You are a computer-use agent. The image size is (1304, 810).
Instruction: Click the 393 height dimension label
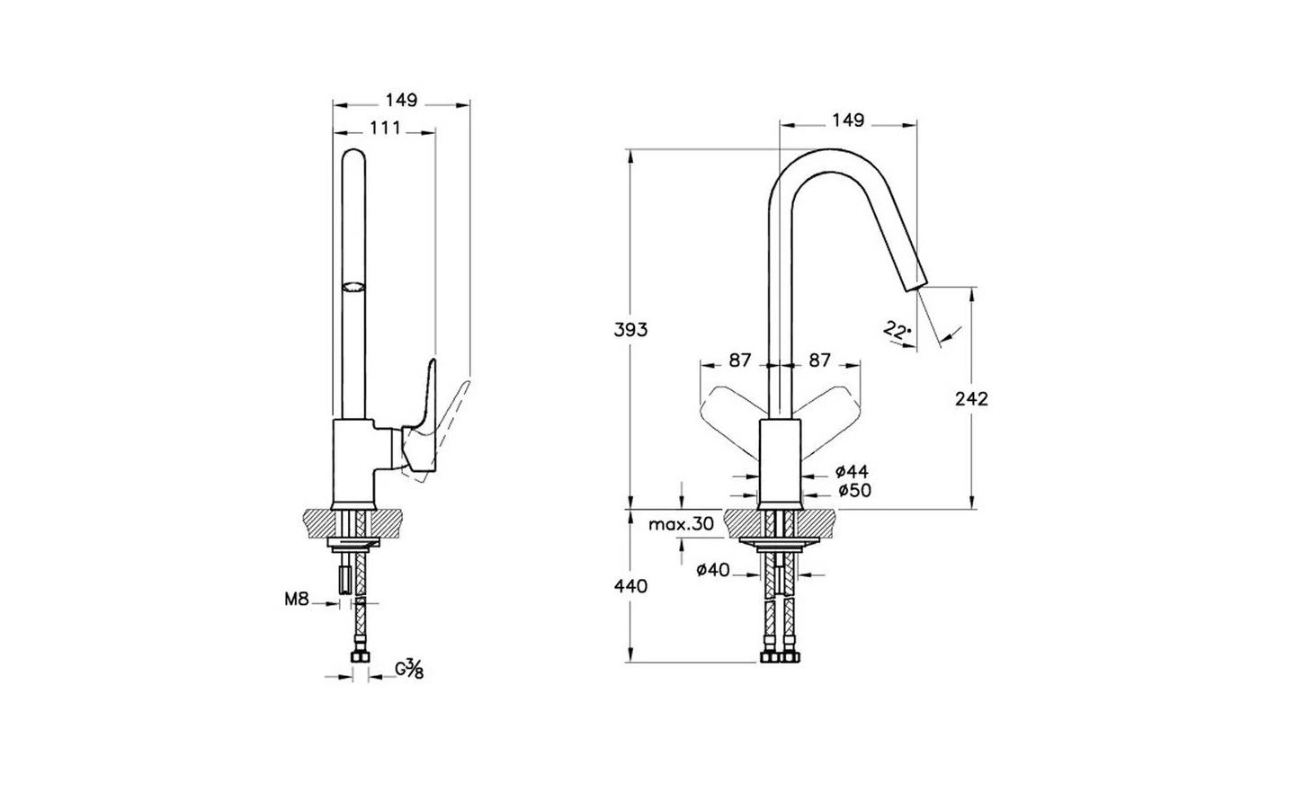pos(630,330)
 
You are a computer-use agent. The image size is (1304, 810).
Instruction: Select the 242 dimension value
pos(971,399)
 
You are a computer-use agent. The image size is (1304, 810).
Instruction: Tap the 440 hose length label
pos(630,586)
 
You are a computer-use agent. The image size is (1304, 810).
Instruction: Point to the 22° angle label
pos(897,331)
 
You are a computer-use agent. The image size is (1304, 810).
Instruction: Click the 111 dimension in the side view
pos(386,128)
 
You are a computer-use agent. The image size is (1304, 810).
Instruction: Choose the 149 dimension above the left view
pos(402,101)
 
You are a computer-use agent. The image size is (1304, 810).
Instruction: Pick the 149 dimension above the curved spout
pos(848,120)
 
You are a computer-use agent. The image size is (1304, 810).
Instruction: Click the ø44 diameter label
pos(852,471)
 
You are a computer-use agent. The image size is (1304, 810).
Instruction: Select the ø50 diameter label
pos(854,491)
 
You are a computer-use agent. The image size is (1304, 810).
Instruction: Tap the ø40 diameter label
pos(713,570)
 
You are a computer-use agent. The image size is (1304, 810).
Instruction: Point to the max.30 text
pos(681,524)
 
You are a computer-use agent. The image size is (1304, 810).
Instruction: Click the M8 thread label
pos(296,600)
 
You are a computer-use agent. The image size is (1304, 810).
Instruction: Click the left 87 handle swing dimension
pos(740,360)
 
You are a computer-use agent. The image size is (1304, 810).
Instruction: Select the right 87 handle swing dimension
pos(819,360)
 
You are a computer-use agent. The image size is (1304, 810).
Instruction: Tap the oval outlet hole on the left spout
pos(353,286)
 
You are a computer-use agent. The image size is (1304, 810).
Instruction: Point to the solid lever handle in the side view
pos(420,423)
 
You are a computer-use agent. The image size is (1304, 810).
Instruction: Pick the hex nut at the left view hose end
pos(361,657)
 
